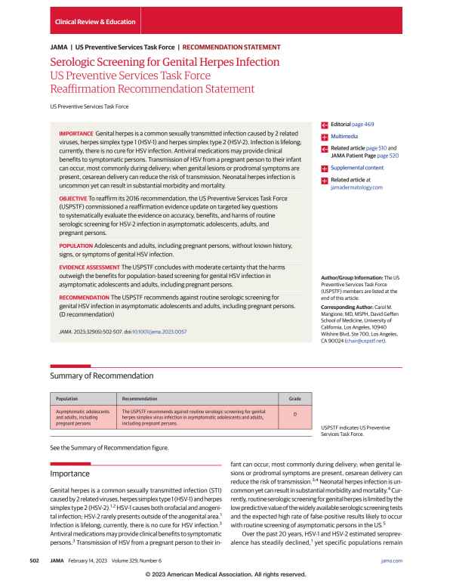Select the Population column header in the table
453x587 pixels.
(69, 397)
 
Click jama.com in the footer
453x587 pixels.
(393, 561)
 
